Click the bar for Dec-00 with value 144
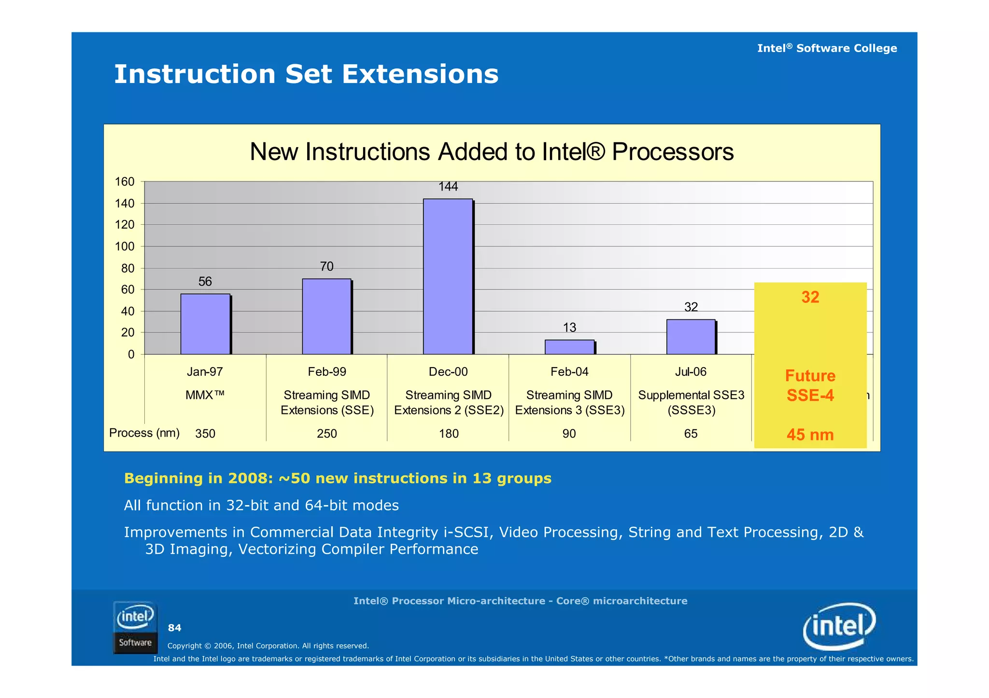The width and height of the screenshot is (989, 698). (x=448, y=276)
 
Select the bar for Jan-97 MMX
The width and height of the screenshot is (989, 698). (x=205, y=324)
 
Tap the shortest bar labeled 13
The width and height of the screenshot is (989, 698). (x=569, y=347)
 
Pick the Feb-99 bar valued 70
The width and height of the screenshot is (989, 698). (x=326, y=316)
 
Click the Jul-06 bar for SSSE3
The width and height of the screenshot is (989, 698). (x=691, y=337)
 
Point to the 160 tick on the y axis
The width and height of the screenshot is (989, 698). (x=124, y=182)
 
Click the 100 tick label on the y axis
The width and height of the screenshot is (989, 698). (x=124, y=246)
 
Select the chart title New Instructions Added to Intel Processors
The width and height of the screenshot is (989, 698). (x=491, y=152)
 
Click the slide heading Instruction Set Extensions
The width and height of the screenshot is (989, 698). (x=306, y=74)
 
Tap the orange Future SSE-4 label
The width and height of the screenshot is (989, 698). (x=810, y=385)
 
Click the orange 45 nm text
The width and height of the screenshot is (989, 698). (x=810, y=435)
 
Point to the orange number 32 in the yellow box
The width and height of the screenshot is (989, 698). (x=810, y=297)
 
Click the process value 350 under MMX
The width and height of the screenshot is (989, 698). (x=205, y=434)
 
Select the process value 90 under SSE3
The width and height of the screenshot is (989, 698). (x=569, y=434)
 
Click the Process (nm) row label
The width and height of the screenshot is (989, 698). (x=144, y=433)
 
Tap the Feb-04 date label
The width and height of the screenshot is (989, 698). (x=569, y=372)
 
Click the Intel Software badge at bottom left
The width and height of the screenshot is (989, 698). (x=135, y=628)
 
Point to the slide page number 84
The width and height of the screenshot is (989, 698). (x=174, y=628)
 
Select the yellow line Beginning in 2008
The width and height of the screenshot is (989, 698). (x=337, y=479)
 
